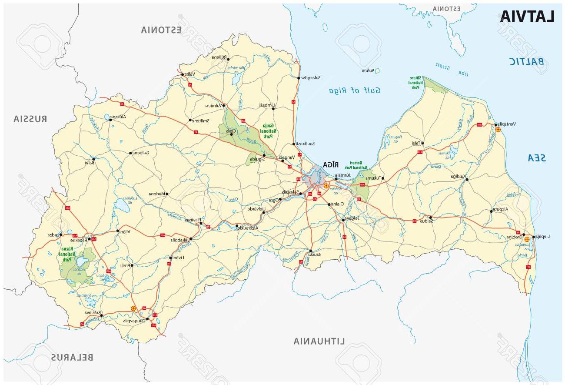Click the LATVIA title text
527,16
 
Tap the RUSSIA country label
30,119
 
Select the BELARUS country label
72,358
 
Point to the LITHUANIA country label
319,341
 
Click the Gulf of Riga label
354,90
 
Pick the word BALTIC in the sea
527,61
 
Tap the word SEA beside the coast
537,158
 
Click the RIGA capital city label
330,164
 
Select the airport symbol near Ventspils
498,129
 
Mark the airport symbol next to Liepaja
527,239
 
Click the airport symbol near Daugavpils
133,308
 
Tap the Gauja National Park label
269,131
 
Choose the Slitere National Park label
414,82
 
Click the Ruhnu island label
368,70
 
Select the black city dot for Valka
183,74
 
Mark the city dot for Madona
166,194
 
